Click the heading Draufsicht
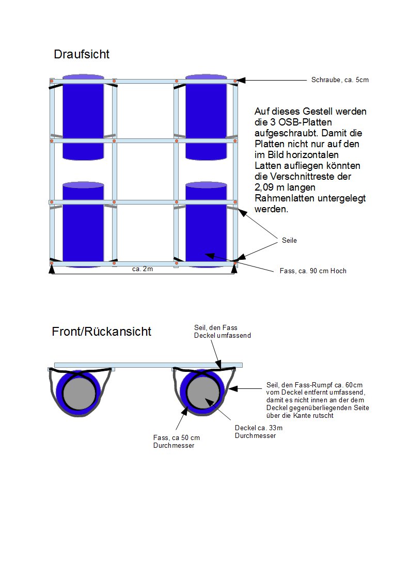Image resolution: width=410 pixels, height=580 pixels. point(81,54)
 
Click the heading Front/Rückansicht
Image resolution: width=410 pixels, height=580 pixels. point(102,332)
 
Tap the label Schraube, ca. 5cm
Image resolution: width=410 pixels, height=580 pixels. point(340,80)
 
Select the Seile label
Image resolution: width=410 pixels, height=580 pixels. point(289,241)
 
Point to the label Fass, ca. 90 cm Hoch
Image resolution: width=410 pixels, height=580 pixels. point(309,271)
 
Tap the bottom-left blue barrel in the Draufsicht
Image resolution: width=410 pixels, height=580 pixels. point(83,225)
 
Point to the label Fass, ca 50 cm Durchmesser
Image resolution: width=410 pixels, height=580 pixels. point(177,442)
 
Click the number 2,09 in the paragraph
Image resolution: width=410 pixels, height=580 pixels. point(265,187)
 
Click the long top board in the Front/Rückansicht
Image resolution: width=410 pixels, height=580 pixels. point(148,365)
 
